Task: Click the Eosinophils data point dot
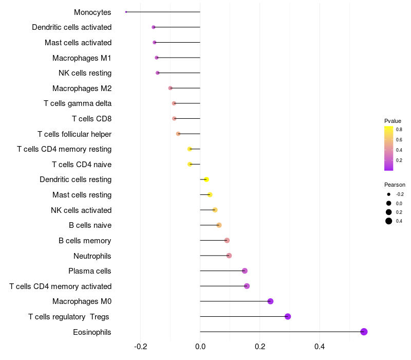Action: pos(364,332)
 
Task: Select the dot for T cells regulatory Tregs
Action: pos(288,316)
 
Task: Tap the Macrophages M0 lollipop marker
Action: pos(271,301)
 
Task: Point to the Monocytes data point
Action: pos(126,12)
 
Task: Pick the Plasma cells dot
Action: pos(245,271)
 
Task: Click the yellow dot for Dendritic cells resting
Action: pos(207,179)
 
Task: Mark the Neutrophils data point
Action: pos(229,256)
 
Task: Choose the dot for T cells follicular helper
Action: pos(178,134)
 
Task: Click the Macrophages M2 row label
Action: pos(82,88)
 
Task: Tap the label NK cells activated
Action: pos(81,210)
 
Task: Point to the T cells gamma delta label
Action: pos(78,103)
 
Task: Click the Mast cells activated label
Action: pos(78,43)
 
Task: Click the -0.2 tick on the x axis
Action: pos(140,347)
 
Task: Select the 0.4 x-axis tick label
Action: pos(320,347)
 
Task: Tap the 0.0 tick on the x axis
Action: pos(200,347)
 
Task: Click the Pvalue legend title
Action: pos(393,121)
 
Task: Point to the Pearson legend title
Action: pos(395,185)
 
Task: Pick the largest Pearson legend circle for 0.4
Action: pos(389,221)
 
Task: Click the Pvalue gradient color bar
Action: pos(389,148)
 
